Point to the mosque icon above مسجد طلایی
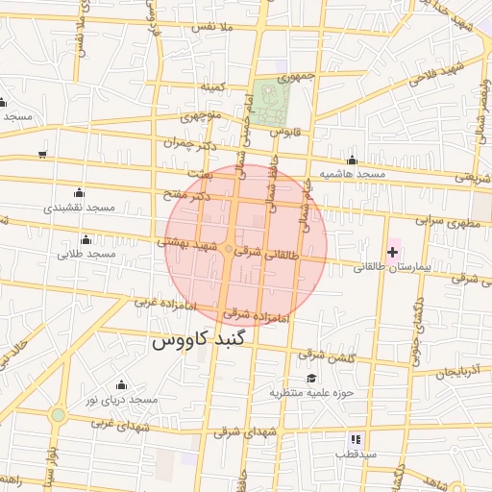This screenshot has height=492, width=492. [x=87, y=238]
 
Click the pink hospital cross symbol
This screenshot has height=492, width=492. [x=392, y=253]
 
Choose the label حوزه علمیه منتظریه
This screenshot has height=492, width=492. [x=312, y=392]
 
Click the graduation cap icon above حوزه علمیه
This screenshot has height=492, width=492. [x=310, y=378]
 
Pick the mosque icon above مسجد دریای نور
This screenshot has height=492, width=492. [x=121, y=384]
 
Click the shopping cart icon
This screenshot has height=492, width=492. [x=42, y=154]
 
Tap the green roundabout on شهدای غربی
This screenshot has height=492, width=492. [x=59, y=415]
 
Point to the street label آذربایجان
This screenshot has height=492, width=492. [x=451, y=370]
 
